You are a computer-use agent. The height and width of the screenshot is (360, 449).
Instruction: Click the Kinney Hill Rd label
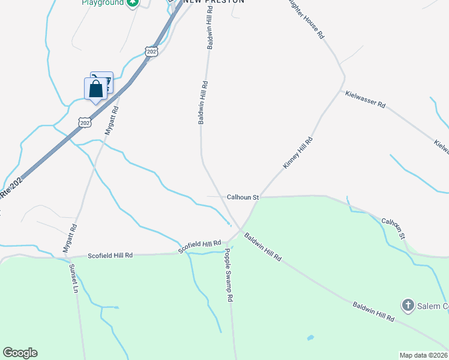pyautogui.click(x=297, y=153)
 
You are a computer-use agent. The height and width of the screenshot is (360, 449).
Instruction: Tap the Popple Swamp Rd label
pyautogui.click(x=229, y=275)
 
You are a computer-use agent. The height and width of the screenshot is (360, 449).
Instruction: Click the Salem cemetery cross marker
pyautogui.click(x=408, y=306)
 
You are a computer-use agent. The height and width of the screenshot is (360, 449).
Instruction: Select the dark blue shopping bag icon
pyautogui.click(x=96, y=89)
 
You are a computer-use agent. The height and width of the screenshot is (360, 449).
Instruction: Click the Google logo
pyautogui.click(x=20, y=353)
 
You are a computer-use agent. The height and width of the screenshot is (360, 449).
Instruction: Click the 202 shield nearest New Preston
pyautogui.click(x=152, y=52)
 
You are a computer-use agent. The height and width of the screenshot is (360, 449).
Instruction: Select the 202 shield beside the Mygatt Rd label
pyautogui.click(x=85, y=122)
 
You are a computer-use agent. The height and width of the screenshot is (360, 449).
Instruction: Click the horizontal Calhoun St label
pyautogui.click(x=243, y=197)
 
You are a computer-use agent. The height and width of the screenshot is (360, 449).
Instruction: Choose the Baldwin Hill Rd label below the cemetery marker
pyautogui.click(x=373, y=311)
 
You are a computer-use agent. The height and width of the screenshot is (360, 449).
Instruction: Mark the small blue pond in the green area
pyautogui.click(x=310, y=338)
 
